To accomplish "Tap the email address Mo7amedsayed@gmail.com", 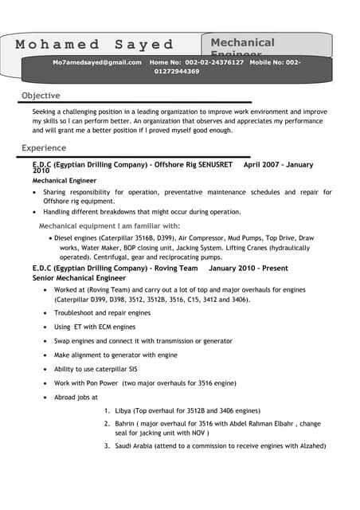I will point(97,62).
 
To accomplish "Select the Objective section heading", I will point(41,96).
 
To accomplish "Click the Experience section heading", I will point(44,148).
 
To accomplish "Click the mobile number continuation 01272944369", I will point(177,72).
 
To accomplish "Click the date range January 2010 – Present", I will point(248,269).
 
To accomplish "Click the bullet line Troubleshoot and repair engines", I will point(102,314).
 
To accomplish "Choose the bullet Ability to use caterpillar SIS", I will point(96,369).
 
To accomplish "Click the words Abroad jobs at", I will point(76,397).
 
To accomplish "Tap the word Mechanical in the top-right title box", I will point(242,42).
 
